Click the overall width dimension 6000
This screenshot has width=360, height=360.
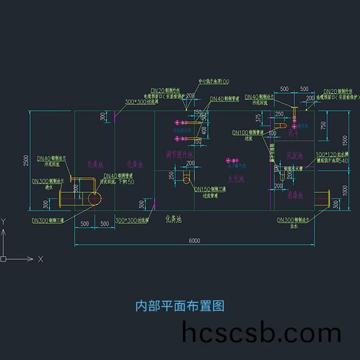click(x=194, y=241)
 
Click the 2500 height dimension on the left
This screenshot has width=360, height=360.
click(x=26, y=161)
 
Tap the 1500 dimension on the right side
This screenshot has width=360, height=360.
click(x=344, y=140)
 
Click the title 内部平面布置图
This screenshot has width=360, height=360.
click(x=179, y=306)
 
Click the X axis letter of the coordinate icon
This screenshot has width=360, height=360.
click(x=40, y=259)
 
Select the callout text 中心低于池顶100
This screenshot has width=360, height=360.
click(x=214, y=82)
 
